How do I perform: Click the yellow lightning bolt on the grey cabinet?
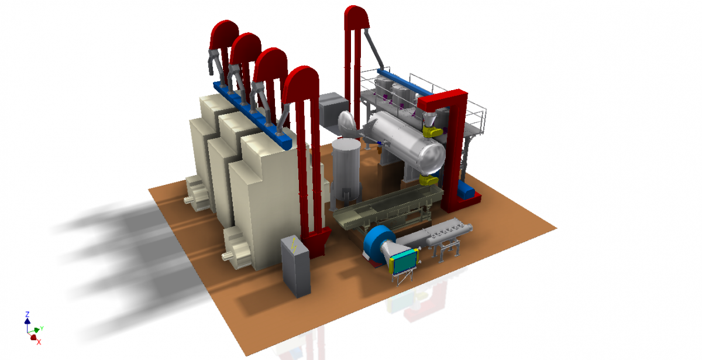click(294, 245)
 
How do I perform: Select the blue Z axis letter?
click(27, 314)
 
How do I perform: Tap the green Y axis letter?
click(42, 328)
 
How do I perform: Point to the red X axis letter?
click(39, 342)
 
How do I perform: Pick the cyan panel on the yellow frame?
click(404, 262)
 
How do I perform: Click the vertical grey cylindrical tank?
click(346, 170)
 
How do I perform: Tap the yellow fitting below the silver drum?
click(429, 180)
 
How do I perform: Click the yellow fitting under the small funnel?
click(432, 131)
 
